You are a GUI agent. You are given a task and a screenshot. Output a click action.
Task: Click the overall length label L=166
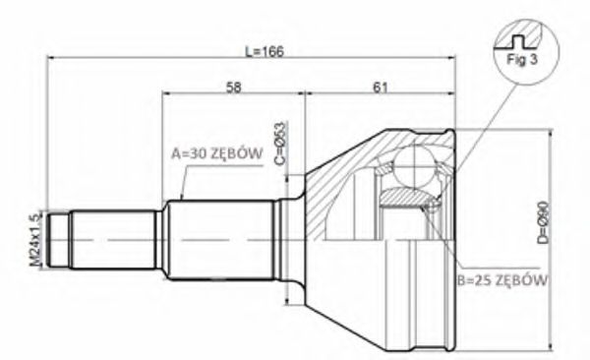tap(263, 52)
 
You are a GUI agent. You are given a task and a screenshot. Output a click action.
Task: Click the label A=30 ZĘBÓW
tap(215, 154)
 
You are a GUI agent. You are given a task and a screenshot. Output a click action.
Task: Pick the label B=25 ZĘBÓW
tap(502, 278)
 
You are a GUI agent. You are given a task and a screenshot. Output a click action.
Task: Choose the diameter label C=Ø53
tap(280, 144)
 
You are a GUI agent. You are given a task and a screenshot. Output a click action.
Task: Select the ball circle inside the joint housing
tap(418, 166)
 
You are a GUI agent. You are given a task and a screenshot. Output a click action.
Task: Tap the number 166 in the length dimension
tap(270, 52)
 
